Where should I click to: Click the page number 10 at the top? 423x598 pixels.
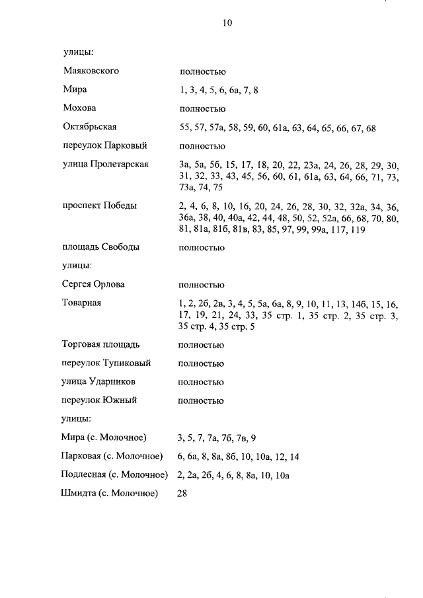227,22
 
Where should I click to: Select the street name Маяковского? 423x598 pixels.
91,71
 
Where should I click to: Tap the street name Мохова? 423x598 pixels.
79,108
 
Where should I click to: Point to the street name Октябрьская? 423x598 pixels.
89,127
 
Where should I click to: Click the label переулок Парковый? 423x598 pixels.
104,145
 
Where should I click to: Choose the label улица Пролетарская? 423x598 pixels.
105,165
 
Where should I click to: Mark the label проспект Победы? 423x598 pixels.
100,206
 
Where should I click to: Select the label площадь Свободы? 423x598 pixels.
100,247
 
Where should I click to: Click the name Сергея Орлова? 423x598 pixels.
93,284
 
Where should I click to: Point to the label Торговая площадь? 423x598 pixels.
100,344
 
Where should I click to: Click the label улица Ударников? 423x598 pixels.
98,382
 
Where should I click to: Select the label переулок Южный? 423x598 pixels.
99,400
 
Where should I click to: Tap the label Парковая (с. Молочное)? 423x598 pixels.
111,456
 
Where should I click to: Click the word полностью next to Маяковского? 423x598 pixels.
202,71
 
